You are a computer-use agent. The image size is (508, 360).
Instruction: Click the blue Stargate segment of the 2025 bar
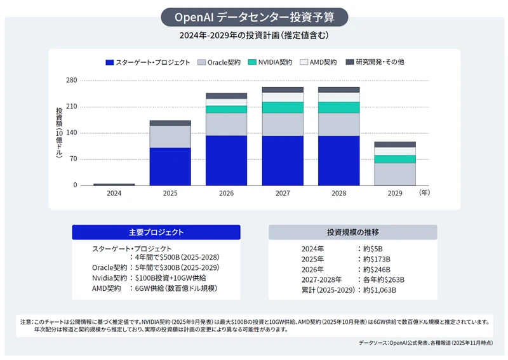coord(170,166)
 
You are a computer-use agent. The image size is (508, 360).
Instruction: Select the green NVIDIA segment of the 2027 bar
coord(283,107)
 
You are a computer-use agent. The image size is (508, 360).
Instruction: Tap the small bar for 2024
coord(114,184)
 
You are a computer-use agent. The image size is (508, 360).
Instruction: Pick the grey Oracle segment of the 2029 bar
coord(395,174)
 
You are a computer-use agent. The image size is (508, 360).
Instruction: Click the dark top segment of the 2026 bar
coord(226,96)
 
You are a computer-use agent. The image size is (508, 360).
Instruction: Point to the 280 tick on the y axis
coord(71,81)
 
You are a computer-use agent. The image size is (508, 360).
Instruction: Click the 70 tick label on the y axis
coord(73,159)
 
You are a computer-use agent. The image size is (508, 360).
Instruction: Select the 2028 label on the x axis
coord(339,193)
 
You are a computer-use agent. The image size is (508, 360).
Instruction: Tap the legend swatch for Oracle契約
coord(201,62)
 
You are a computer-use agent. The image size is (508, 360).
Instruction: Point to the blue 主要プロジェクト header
coord(156,232)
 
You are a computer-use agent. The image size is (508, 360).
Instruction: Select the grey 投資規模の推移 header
coord(352,232)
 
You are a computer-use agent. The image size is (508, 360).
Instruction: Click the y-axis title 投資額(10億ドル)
coord(58,133)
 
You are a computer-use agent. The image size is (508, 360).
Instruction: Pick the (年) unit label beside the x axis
coord(424,193)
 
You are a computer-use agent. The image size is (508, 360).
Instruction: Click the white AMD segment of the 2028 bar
coord(339,97)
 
